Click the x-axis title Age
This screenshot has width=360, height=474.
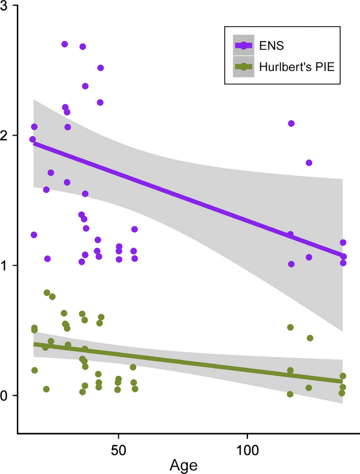point(184,465)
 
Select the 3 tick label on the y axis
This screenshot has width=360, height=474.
point(9,6)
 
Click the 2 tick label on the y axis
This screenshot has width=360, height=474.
point(9,136)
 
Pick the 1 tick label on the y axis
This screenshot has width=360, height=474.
point(9,266)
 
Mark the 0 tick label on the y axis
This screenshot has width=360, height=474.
point(9,396)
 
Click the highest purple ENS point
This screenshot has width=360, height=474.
point(65,44)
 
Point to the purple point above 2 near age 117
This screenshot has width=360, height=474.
point(291,123)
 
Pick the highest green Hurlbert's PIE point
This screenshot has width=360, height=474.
point(47,293)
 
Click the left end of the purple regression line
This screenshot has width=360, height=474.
point(34,143)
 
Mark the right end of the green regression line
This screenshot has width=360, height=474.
point(343,381)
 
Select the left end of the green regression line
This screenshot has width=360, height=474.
point(34,344)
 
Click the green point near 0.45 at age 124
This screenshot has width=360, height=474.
point(310,338)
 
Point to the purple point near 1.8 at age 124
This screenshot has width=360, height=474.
point(309,163)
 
